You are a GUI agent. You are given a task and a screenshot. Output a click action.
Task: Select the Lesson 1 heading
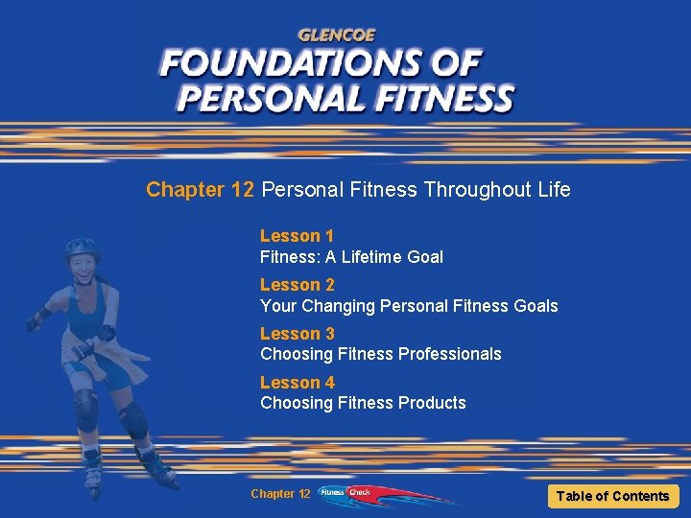tap(297, 236)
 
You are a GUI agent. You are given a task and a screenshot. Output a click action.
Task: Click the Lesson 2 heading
tap(297, 285)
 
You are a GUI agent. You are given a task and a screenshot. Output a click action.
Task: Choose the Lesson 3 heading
tap(297, 334)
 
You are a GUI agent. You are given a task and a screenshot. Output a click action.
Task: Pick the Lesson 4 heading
tap(297, 383)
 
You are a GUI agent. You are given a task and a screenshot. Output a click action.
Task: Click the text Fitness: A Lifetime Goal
tap(351, 256)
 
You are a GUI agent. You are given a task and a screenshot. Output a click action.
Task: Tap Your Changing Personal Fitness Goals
tap(409, 305)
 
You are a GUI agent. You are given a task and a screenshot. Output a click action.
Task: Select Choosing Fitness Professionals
tap(380, 354)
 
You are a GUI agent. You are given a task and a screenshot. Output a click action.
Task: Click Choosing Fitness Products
tap(363, 403)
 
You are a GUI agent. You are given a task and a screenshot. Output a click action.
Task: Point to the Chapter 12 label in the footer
tap(279, 494)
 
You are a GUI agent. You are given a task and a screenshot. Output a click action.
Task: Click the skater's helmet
tap(83, 247)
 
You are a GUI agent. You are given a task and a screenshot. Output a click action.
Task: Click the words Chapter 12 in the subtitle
tap(200, 190)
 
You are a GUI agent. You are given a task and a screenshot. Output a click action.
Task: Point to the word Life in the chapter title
tap(554, 190)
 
